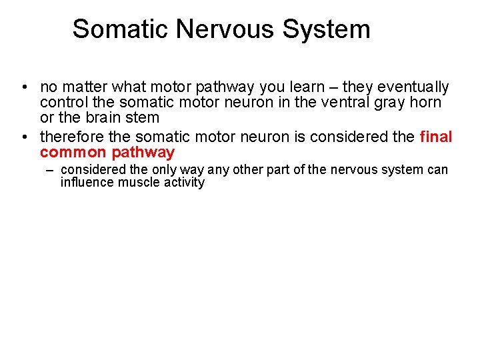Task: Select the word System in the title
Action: pyautogui.click(x=327, y=29)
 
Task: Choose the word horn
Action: pyautogui.click(x=427, y=103)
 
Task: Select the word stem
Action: pyautogui.click(x=143, y=118)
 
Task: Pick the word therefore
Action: pyautogui.click(x=71, y=137)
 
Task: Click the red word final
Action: pyautogui.click(x=437, y=137)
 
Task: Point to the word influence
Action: pyautogui.click(x=87, y=182)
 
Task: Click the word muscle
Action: pyautogui.click(x=139, y=182)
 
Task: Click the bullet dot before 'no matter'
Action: pyautogui.click(x=24, y=88)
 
